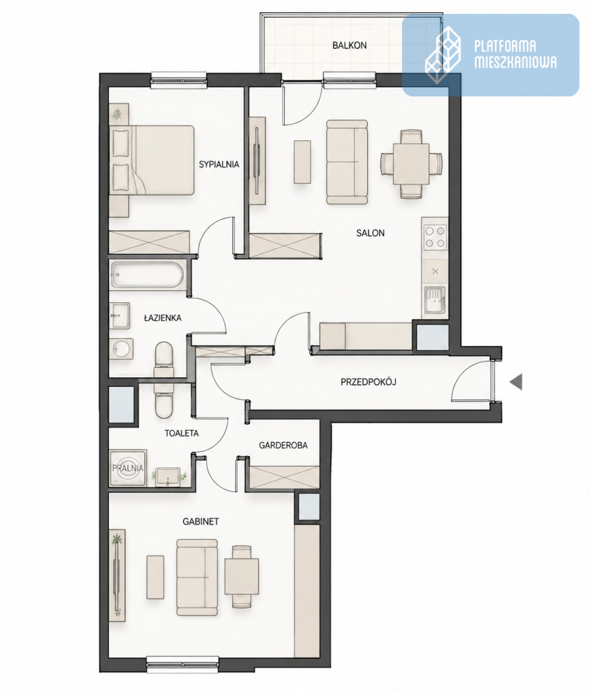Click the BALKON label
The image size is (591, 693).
pyautogui.click(x=349, y=45)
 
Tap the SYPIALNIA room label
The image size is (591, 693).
pyautogui.click(x=219, y=164)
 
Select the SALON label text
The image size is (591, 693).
pyautogui.click(x=370, y=233)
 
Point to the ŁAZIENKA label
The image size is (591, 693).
pyautogui.click(x=163, y=318)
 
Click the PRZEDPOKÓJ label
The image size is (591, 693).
pyautogui.click(x=368, y=382)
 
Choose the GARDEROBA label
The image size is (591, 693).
pyautogui.click(x=283, y=445)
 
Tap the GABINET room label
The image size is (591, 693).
pyautogui.click(x=200, y=521)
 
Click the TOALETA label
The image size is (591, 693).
pyautogui.click(x=181, y=433)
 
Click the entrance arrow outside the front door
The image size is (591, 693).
pyautogui.click(x=516, y=382)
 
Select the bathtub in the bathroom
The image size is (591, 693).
pyautogui.click(x=147, y=275)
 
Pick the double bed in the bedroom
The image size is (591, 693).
pyautogui.click(x=153, y=161)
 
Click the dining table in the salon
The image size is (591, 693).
pyautogui.click(x=411, y=164)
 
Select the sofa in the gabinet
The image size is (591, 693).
pyautogui.click(x=197, y=577)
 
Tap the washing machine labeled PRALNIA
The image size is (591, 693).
pyautogui.click(x=128, y=468)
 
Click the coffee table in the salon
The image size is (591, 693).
pyautogui.click(x=302, y=162)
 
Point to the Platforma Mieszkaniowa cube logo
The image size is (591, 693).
pyautogui.click(x=443, y=55)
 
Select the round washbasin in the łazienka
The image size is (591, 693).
pyautogui.click(x=121, y=349)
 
